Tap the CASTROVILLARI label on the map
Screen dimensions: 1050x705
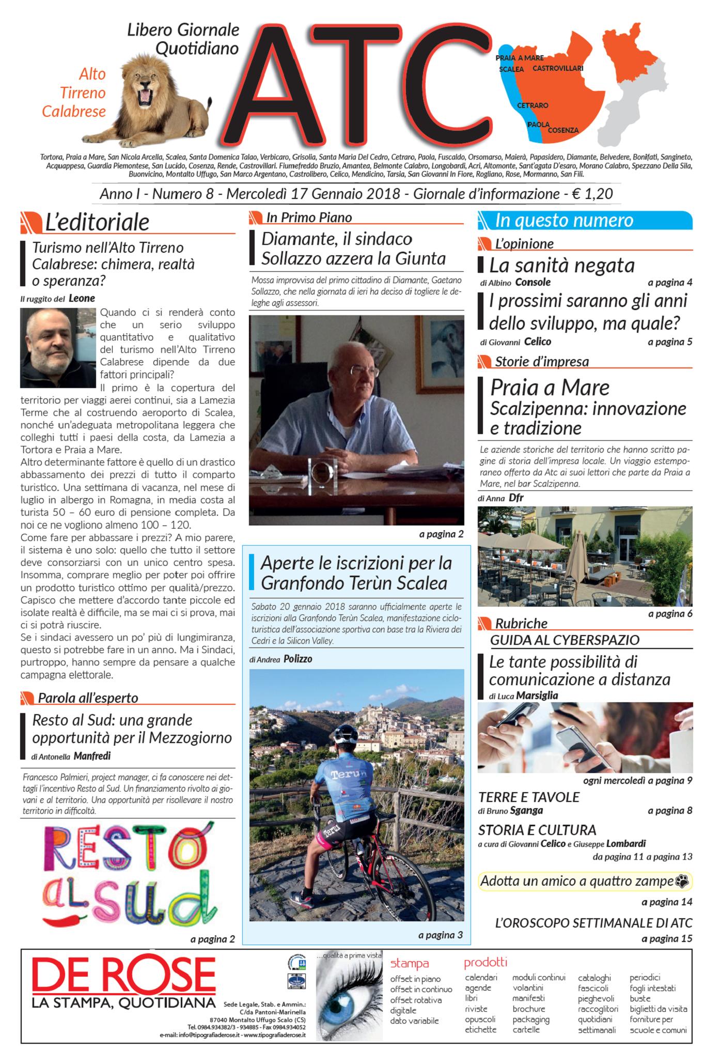coord(558,68)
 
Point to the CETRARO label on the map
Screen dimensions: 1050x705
coord(532,105)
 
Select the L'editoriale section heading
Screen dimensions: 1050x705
coord(97,222)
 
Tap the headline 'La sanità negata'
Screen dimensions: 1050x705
coord(561,266)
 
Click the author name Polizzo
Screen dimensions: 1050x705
coord(298,659)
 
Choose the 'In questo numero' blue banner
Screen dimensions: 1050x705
coord(585,221)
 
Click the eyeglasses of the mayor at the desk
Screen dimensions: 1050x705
coord(366,370)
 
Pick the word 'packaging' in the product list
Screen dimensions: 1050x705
coord(531,1020)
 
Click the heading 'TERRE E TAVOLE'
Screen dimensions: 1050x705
coord(529,797)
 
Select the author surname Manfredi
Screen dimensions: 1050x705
coord(92,756)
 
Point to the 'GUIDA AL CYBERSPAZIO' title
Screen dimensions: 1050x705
coord(565,640)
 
